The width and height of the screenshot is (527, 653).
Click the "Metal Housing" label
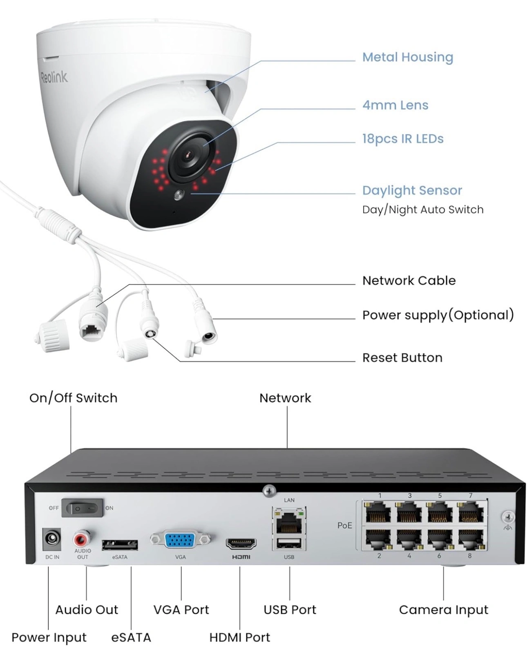(x=408, y=57)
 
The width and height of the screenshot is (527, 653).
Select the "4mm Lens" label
(x=395, y=105)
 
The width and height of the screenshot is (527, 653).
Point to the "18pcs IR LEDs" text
(x=402, y=139)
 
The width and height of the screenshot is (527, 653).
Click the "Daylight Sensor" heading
(x=412, y=190)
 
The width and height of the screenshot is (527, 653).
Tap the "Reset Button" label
(x=402, y=358)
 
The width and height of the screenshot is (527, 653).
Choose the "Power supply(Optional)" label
(x=438, y=315)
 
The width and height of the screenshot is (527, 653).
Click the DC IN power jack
(x=52, y=539)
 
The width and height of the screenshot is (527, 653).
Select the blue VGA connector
(x=180, y=540)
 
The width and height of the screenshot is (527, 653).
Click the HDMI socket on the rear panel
(x=241, y=544)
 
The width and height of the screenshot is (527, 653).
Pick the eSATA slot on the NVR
(x=120, y=544)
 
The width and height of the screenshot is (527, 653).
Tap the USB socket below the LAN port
(x=289, y=544)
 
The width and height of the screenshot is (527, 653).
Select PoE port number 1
(x=378, y=512)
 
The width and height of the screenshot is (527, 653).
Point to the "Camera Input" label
(x=443, y=610)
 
